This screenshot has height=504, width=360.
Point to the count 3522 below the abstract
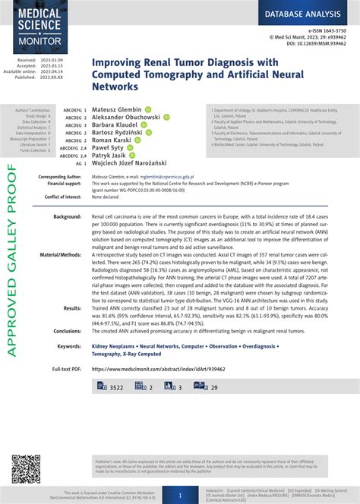click(116, 387)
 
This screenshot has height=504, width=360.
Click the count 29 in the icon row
click(214, 387)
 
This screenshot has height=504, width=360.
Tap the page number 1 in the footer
click(180, 493)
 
